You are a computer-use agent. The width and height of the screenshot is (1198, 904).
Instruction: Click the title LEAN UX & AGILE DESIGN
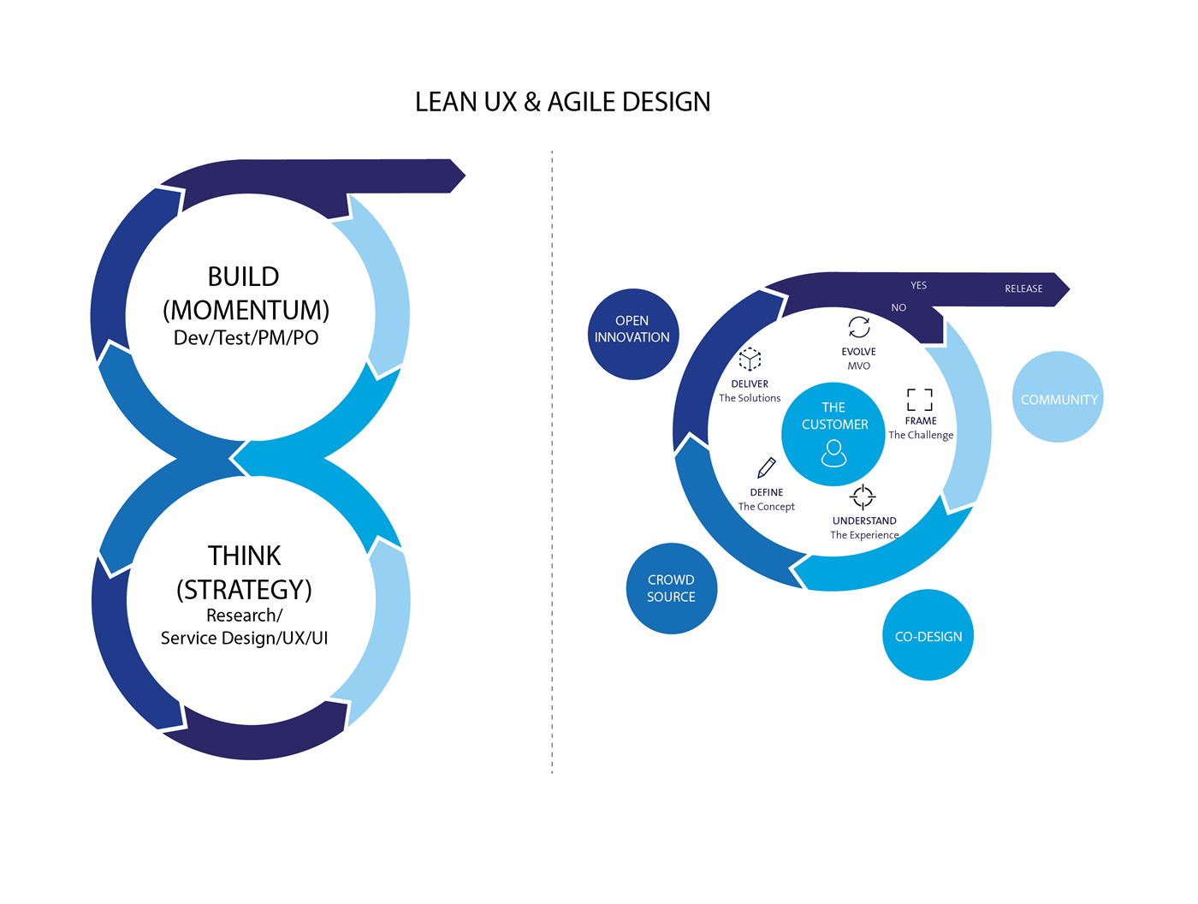pyautogui.click(x=562, y=102)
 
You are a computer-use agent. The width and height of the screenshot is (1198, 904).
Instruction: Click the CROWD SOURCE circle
pyautogui.click(x=671, y=588)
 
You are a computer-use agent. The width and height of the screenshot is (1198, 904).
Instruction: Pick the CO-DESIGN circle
pyautogui.click(x=928, y=635)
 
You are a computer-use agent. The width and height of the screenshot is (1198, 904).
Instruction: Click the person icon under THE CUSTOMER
pyautogui.click(x=833, y=453)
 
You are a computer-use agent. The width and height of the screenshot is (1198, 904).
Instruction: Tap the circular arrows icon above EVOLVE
pyautogui.click(x=858, y=327)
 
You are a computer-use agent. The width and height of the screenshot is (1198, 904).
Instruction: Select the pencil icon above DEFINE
pyautogui.click(x=767, y=467)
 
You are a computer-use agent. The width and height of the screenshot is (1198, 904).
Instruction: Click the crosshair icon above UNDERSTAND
pyautogui.click(x=863, y=497)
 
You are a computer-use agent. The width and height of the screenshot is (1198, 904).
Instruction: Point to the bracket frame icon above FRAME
pyautogui.click(x=920, y=399)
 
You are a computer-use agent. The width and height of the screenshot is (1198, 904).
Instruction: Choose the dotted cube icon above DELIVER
pyautogui.click(x=750, y=359)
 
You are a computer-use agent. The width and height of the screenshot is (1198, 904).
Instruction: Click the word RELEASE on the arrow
pyautogui.click(x=1023, y=288)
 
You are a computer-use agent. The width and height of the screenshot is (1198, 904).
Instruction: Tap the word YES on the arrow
pyautogui.click(x=918, y=285)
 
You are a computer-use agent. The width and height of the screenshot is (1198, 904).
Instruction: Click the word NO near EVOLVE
pyautogui.click(x=898, y=307)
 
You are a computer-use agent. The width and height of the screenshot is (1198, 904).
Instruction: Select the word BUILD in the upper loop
pyautogui.click(x=244, y=277)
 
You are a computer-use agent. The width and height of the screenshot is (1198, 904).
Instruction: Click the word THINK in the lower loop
pyautogui.click(x=244, y=556)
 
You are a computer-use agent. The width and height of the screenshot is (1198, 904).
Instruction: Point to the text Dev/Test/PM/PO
pyautogui.click(x=246, y=338)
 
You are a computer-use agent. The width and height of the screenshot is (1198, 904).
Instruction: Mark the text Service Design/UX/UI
pyautogui.click(x=244, y=638)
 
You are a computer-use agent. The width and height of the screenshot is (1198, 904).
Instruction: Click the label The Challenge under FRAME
pyautogui.click(x=921, y=435)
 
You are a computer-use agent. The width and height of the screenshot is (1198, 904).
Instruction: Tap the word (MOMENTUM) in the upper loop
pyautogui.click(x=246, y=309)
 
